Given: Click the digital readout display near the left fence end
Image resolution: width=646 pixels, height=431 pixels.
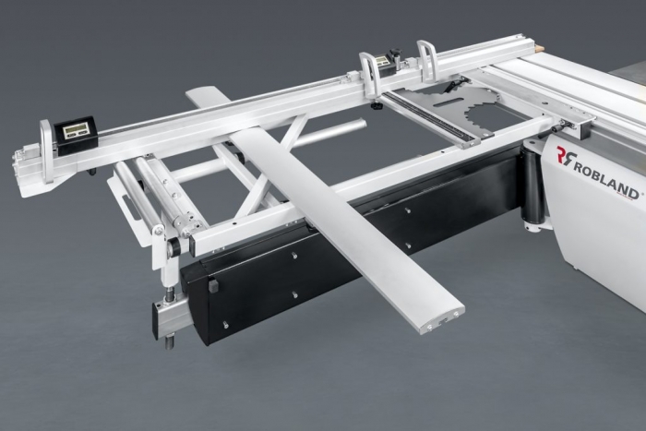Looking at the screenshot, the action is pos(76,131).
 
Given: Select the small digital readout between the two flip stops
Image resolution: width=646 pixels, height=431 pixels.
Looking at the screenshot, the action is pos(382,62).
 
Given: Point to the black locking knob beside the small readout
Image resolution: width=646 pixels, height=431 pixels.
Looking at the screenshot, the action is pos(396,54).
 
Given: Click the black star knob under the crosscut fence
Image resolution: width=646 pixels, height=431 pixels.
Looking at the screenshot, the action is pos(376,107).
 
